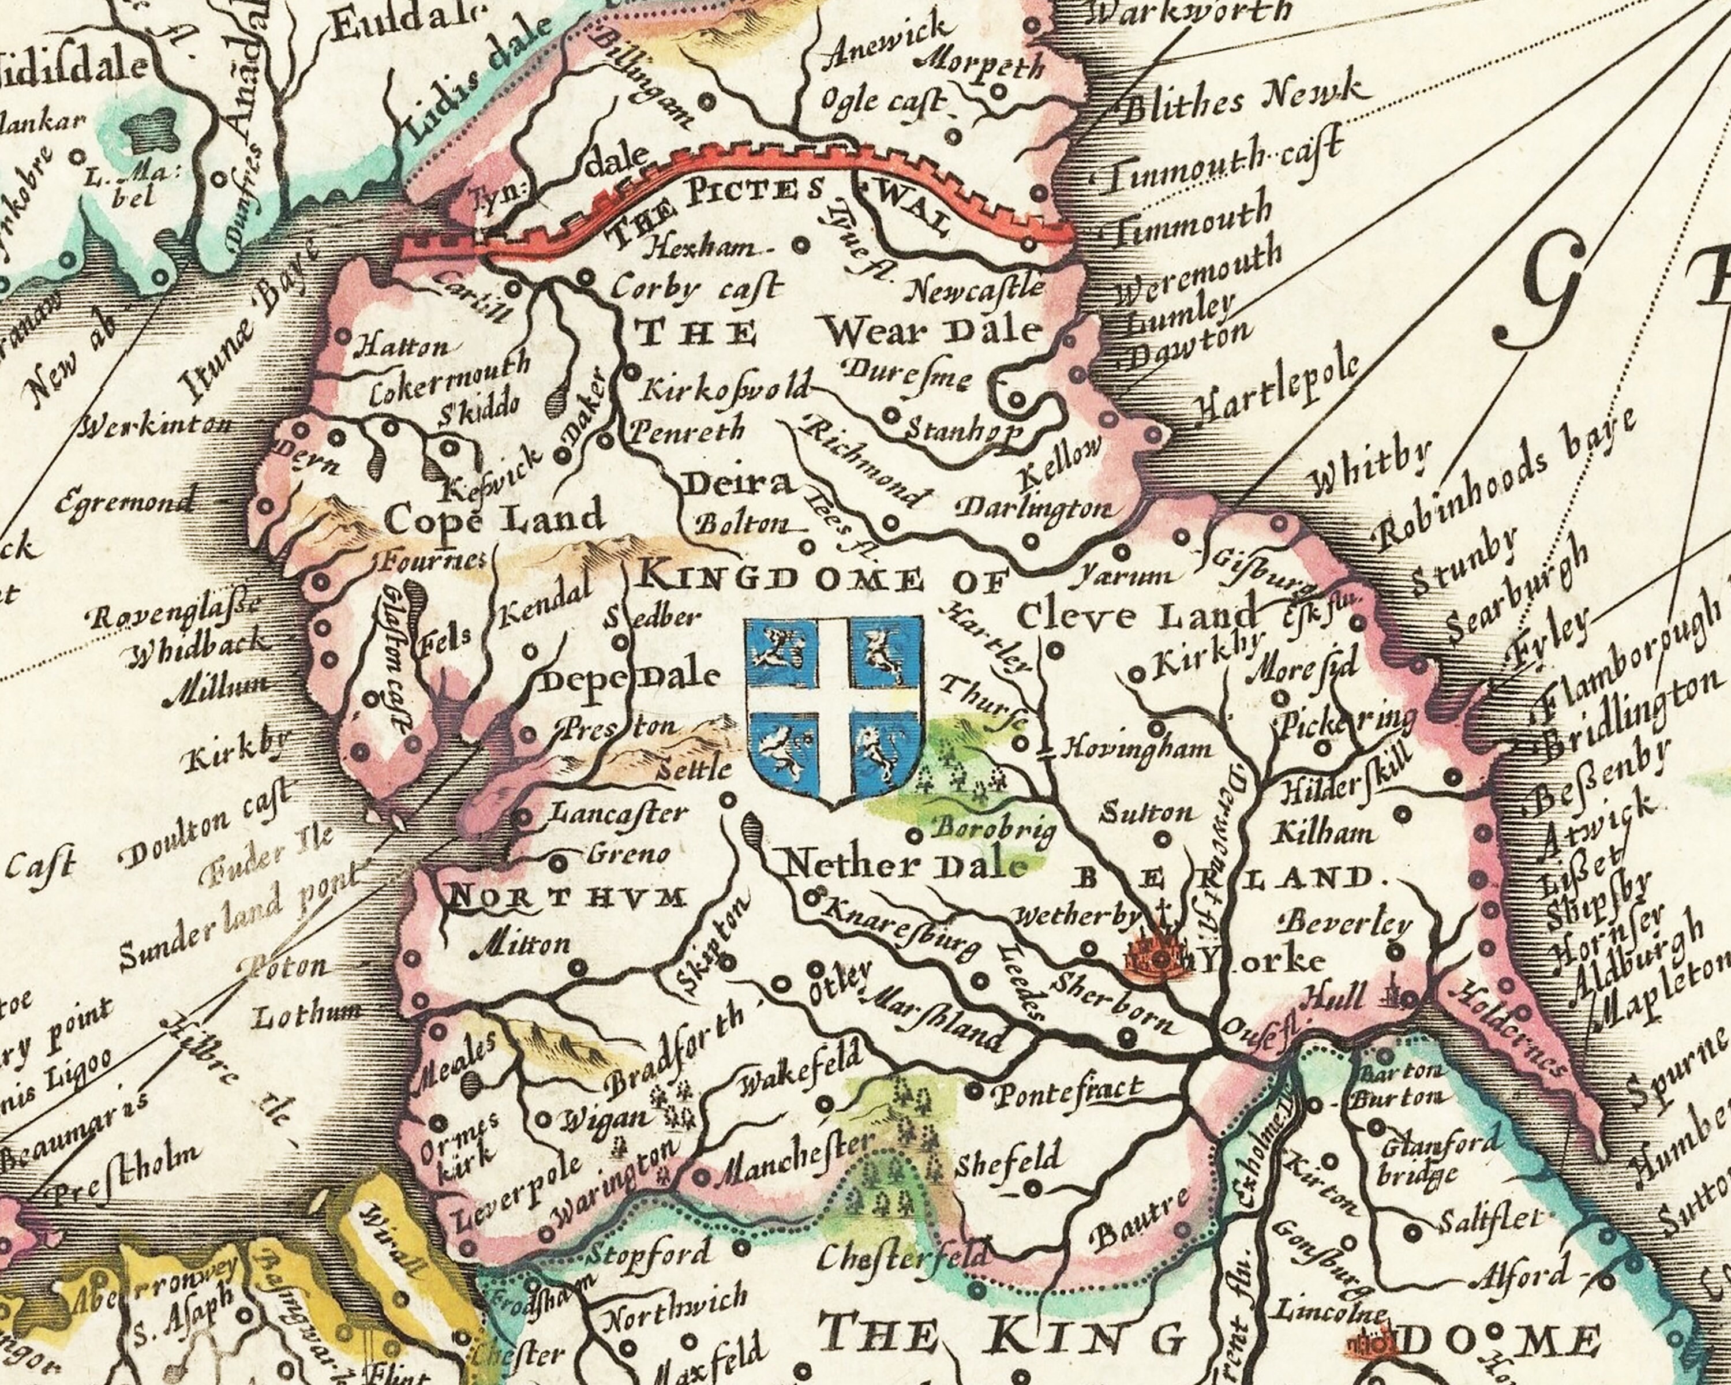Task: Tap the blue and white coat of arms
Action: coord(835,710)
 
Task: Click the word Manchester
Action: coord(792,1163)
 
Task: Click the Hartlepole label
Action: coord(1276,391)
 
